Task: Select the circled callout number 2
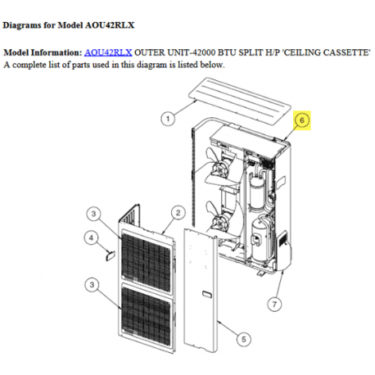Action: [x=176, y=215]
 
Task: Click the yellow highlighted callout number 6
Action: [x=303, y=120]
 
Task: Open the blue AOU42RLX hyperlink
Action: [x=108, y=52]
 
